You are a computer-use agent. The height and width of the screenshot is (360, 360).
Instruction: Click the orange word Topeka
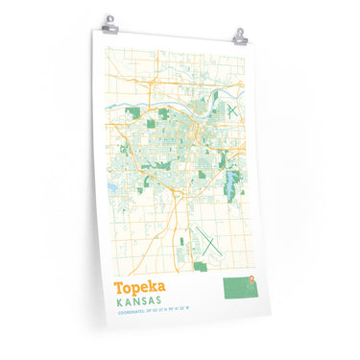point(140,288)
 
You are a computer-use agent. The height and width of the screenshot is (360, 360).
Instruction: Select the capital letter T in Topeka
point(119,288)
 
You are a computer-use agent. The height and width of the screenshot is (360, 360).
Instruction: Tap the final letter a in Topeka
point(161,289)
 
